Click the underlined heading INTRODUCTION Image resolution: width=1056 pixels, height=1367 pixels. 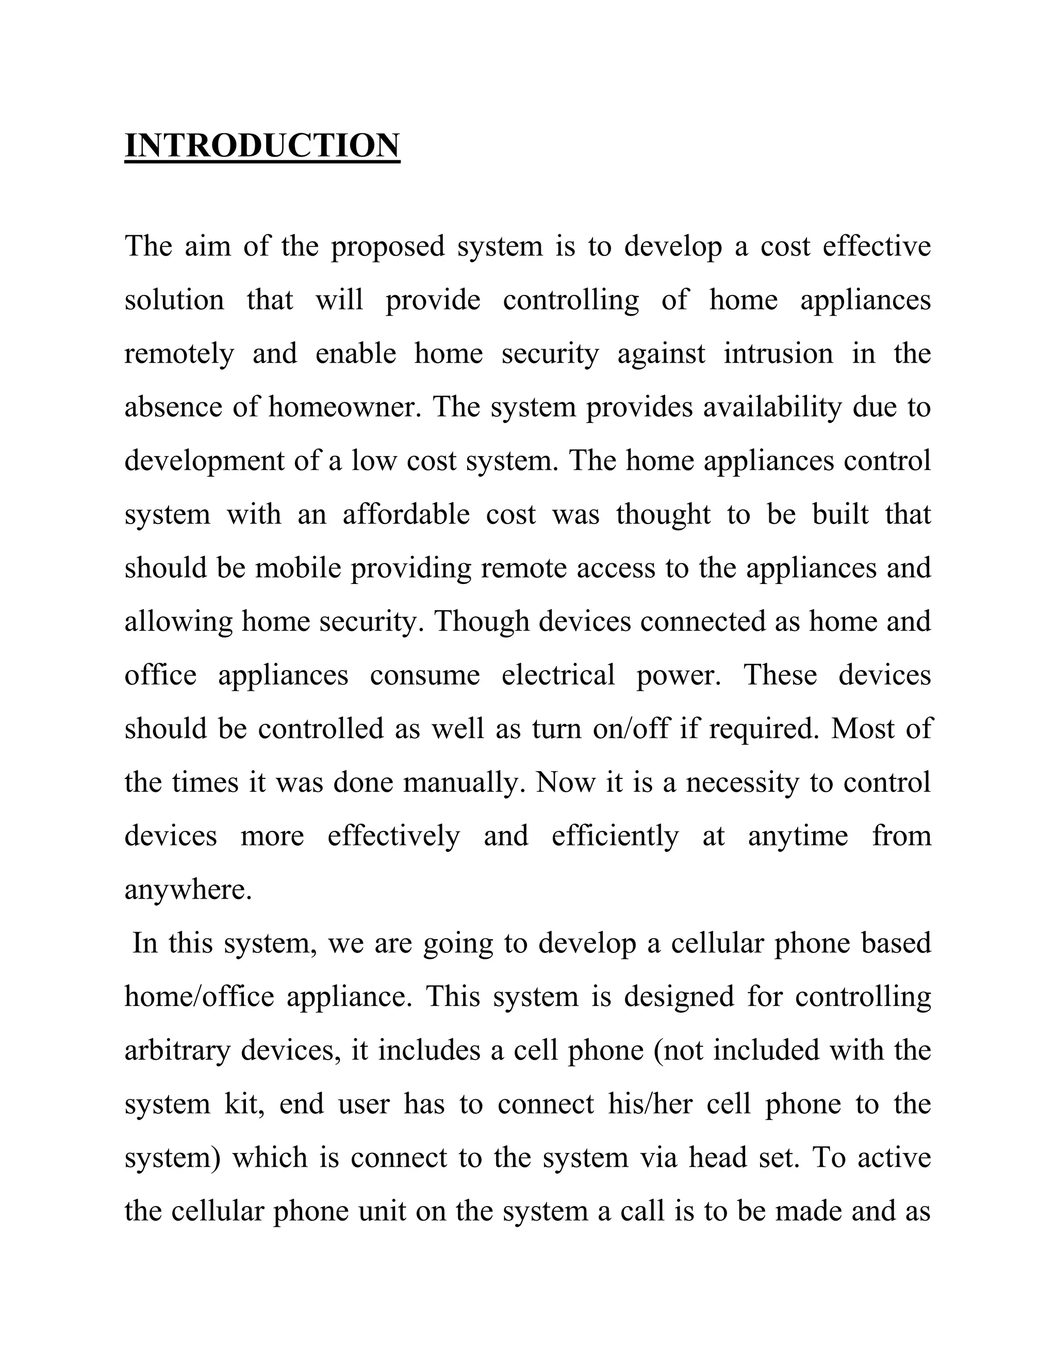[x=262, y=146]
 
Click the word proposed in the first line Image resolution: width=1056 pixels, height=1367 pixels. [x=387, y=247]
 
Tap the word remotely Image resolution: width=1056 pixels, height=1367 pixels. [x=179, y=354]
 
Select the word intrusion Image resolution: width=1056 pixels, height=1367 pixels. [x=778, y=354]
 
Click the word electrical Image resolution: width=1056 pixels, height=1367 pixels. [x=558, y=676]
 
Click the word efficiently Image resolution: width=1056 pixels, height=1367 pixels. [x=615, y=837]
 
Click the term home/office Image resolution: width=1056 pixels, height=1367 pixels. [x=199, y=997]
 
